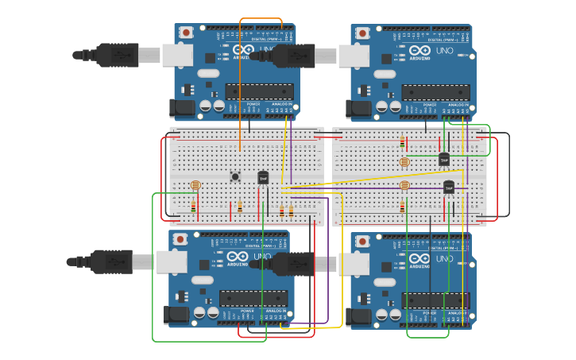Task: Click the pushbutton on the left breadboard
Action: click(x=235, y=176)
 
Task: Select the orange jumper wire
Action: click(x=240, y=95)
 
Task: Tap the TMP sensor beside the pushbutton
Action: click(x=263, y=178)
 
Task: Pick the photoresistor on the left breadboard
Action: click(x=195, y=185)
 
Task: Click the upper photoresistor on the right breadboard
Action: click(x=404, y=162)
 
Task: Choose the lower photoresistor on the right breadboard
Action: click(x=404, y=186)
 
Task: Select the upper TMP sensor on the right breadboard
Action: click(x=444, y=159)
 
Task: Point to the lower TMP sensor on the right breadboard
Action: click(x=449, y=187)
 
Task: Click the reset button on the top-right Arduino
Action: click(x=362, y=33)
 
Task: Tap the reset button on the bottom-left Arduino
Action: click(x=180, y=239)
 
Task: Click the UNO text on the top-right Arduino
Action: click(x=445, y=52)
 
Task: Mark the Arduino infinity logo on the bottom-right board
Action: click(x=418, y=257)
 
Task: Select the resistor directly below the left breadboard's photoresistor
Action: click(x=193, y=207)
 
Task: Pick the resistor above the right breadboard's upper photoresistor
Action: click(x=402, y=142)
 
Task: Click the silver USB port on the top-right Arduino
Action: click(x=353, y=56)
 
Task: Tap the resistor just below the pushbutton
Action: click(x=240, y=206)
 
